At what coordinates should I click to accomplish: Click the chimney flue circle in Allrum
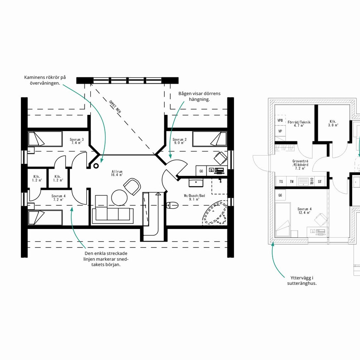(x=96, y=166)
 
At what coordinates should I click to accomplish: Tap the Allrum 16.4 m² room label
(x=117, y=173)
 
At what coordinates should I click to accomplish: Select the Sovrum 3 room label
(x=77, y=141)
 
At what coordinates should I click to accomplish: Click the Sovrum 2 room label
(x=180, y=141)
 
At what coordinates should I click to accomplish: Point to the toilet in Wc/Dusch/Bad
(x=172, y=205)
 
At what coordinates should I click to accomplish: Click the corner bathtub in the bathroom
(x=214, y=213)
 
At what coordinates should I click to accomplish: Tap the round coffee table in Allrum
(x=119, y=198)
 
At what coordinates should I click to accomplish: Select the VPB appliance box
(x=280, y=120)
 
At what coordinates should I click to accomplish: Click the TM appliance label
(x=292, y=182)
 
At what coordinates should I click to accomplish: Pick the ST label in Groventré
(x=320, y=182)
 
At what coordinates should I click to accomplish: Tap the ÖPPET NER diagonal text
(x=115, y=107)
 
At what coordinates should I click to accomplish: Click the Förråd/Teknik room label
(x=299, y=124)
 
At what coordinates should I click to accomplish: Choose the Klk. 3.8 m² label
(x=333, y=123)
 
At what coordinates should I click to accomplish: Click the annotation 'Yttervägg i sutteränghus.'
(x=302, y=281)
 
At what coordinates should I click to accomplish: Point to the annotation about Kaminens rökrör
(x=45, y=80)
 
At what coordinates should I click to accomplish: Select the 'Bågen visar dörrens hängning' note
(x=199, y=96)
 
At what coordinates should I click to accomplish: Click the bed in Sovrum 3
(x=45, y=139)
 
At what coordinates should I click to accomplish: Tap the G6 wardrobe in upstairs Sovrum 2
(x=201, y=171)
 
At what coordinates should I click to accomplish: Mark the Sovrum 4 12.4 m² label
(x=304, y=211)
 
